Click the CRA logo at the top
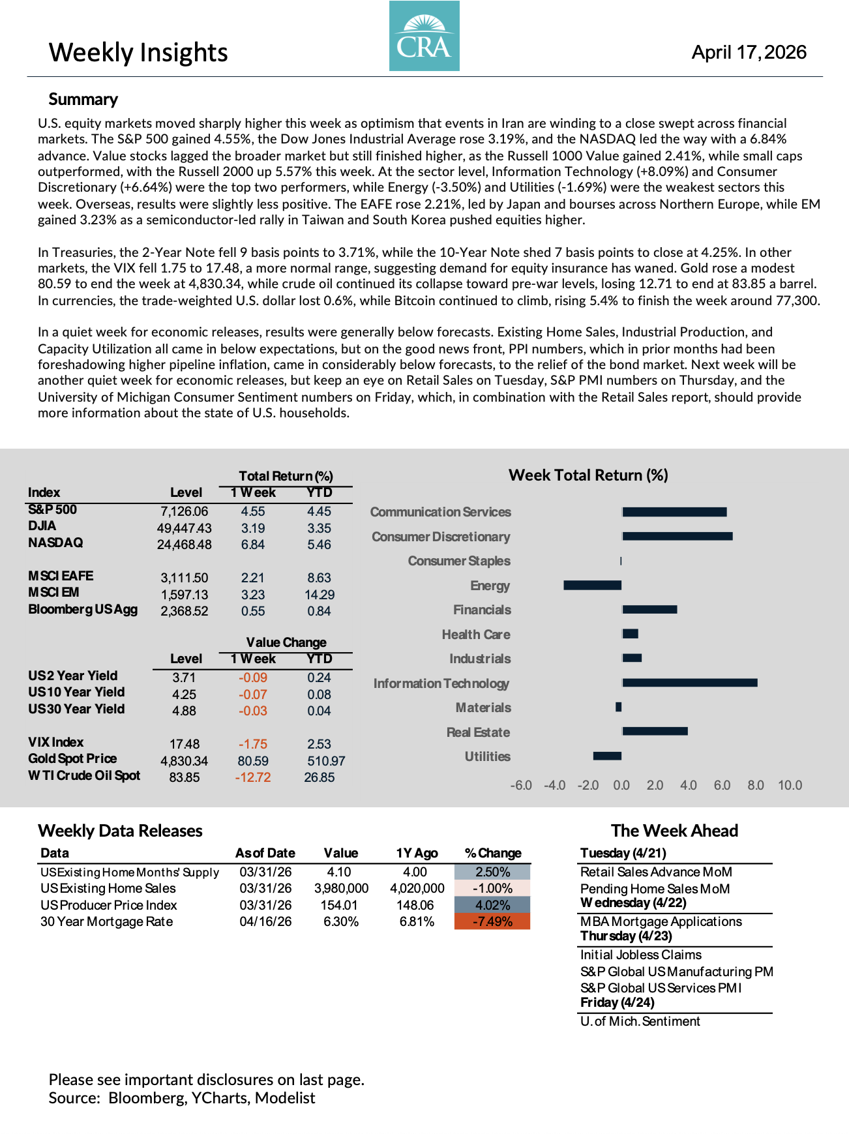click(x=424, y=36)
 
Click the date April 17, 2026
click(x=749, y=52)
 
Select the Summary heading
click(x=83, y=99)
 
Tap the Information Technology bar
click(x=689, y=683)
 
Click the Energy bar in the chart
click(x=592, y=585)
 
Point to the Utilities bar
click(x=607, y=756)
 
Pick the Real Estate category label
click(x=478, y=732)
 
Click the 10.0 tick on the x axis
click(x=790, y=785)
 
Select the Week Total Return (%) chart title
click(x=588, y=475)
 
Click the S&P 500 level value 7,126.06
click(x=185, y=512)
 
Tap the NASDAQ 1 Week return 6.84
click(x=253, y=545)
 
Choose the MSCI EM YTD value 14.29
click(x=320, y=595)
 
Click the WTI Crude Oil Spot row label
click(x=84, y=775)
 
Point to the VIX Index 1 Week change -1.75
click(x=253, y=744)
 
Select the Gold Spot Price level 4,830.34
click(x=185, y=761)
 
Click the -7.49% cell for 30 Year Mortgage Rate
click(x=492, y=921)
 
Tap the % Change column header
click(x=493, y=853)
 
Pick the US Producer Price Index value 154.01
click(x=339, y=905)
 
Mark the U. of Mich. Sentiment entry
click(x=640, y=1021)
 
